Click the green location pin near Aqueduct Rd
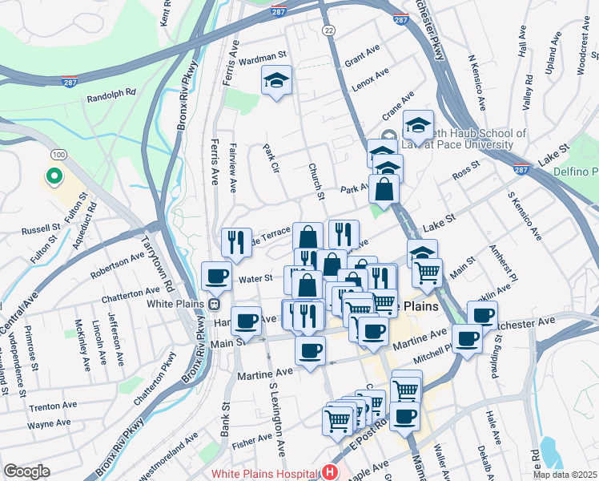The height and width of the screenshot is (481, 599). point(54,175)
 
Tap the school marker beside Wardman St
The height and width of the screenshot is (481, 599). point(277,80)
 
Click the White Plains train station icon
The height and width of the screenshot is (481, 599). point(215,304)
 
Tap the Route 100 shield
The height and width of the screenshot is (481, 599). point(58,153)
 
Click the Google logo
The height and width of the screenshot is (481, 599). point(26,471)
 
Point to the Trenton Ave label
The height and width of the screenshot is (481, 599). point(53,406)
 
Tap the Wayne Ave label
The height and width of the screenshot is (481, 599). point(49,422)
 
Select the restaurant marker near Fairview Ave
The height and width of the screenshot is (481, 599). point(236,242)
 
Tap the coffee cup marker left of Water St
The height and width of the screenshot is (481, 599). point(215,277)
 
